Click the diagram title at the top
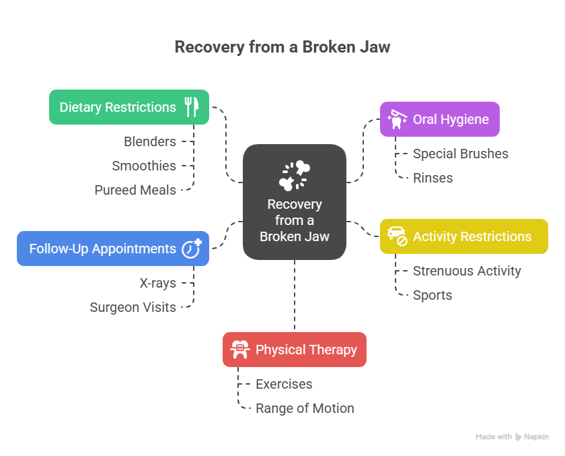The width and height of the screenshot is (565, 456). [x=282, y=47]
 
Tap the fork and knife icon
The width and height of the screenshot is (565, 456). [x=192, y=107]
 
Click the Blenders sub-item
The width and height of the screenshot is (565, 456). [x=150, y=141]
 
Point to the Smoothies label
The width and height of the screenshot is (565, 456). [x=144, y=166]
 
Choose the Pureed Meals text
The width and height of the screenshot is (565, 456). [x=135, y=190]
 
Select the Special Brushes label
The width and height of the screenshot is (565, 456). [x=461, y=154]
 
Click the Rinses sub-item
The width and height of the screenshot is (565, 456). [x=432, y=178]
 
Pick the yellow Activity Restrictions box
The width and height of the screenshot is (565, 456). [x=463, y=236]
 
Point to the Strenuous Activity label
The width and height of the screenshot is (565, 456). [x=467, y=271]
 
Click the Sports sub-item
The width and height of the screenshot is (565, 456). [x=432, y=295]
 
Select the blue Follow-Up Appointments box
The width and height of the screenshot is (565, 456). [x=112, y=249]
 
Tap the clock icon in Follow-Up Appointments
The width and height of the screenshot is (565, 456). [x=191, y=248]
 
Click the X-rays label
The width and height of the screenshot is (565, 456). [x=158, y=283]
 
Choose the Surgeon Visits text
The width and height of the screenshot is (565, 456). [x=133, y=307]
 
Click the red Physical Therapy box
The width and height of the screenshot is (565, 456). [x=295, y=350]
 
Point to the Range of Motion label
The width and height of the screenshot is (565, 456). [x=305, y=408]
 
